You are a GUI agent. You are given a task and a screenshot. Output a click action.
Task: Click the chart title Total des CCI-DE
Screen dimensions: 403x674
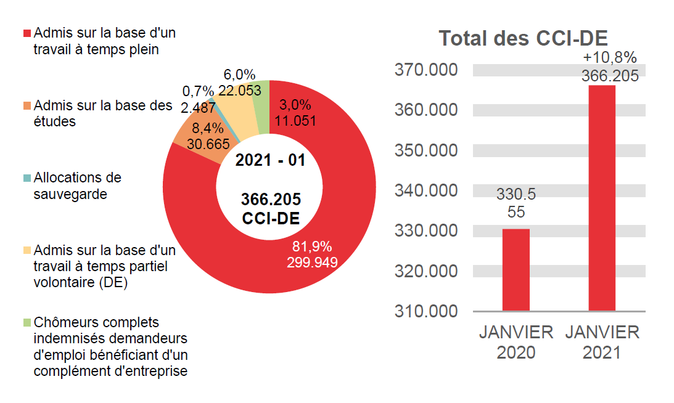tap(523, 38)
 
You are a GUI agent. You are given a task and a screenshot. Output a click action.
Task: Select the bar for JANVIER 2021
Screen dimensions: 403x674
tap(602, 197)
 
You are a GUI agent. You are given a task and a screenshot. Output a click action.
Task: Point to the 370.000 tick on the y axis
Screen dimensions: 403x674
tap(426, 70)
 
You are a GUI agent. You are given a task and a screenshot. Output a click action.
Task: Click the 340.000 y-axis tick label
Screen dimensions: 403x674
tap(426, 190)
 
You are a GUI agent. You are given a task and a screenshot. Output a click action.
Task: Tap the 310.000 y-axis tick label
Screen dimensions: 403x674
tap(426, 311)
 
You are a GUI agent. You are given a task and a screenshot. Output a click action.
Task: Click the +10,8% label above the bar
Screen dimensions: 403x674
tap(609, 57)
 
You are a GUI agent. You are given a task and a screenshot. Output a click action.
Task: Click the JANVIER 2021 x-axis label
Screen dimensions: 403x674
tap(602, 342)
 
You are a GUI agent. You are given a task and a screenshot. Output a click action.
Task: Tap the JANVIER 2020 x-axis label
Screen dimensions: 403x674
tap(516, 342)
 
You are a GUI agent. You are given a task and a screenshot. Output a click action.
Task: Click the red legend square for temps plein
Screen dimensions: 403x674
tap(27, 33)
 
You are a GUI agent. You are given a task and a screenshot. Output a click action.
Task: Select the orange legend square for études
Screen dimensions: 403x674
tap(27, 105)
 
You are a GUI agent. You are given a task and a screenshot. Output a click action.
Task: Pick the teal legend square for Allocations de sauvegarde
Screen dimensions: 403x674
tap(27, 178)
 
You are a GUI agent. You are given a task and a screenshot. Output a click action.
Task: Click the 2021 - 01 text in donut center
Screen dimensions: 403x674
tap(270, 160)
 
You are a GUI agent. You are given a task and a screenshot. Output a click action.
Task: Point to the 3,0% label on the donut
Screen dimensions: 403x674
tap(295, 104)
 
